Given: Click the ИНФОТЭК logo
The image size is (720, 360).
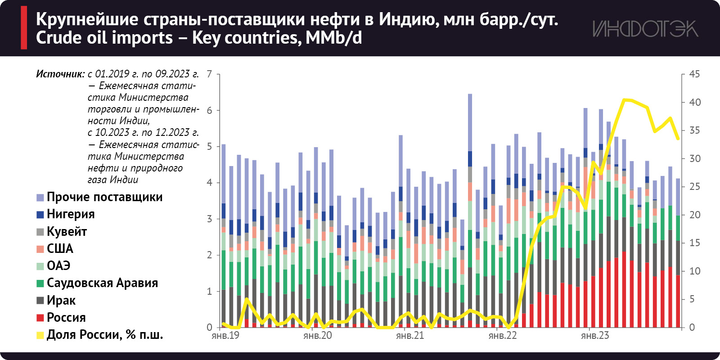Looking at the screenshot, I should click(645, 29).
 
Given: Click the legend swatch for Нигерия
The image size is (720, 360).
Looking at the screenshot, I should click(40, 215).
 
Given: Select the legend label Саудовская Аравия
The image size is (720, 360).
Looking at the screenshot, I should click(102, 283).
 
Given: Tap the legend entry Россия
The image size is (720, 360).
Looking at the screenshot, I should click(66, 318).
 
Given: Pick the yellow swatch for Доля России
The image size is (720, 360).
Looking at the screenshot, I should click(40, 335).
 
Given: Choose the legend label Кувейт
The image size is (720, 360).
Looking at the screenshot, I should click(67, 232).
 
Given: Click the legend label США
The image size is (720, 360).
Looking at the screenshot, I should click(60, 249).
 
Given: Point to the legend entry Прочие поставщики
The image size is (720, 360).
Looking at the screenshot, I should click(104, 197).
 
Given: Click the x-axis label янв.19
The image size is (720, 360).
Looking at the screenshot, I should click(225, 336).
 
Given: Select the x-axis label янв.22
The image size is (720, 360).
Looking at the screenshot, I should click(503, 336).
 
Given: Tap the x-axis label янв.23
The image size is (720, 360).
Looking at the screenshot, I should click(595, 336).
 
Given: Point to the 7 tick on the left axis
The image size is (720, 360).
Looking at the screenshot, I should click(209, 74).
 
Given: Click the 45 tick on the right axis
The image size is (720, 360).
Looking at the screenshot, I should click(694, 74).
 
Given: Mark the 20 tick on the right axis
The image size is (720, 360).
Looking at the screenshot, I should click(694, 215).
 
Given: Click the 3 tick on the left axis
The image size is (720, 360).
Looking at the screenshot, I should click(209, 219).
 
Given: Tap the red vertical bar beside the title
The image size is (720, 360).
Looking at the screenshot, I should click(24, 27).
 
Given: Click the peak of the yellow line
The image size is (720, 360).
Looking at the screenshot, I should click(624, 99).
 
